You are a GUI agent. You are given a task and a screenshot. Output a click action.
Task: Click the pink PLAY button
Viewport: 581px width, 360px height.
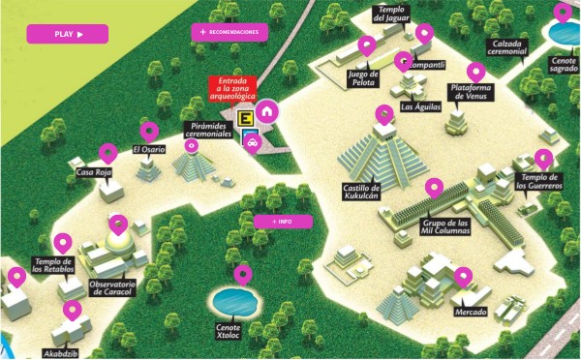tap(67, 34)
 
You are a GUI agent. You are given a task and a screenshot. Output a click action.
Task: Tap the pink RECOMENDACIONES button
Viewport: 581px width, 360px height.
tap(229, 32)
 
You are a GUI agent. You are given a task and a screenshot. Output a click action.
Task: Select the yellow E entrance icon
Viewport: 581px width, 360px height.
tap(247, 120)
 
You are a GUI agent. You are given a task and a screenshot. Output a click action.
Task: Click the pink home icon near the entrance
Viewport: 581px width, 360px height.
tap(266, 110)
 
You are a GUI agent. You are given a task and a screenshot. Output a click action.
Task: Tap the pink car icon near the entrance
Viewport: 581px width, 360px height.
tap(252, 145)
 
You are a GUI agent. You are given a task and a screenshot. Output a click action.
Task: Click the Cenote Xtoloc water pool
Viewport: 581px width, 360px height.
tap(233, 299)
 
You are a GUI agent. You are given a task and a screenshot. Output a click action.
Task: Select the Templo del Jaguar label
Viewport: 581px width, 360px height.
tap(395, 15)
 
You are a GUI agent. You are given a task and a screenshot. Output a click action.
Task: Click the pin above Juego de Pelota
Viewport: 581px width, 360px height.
tap(367, 45)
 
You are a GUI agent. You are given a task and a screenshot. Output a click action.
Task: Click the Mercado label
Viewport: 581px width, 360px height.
tap(470, 313)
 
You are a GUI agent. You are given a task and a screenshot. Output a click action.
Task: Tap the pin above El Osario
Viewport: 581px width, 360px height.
tap(148, 131)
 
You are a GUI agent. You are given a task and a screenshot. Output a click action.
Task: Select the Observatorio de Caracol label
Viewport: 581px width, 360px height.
tap(110, 287)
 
